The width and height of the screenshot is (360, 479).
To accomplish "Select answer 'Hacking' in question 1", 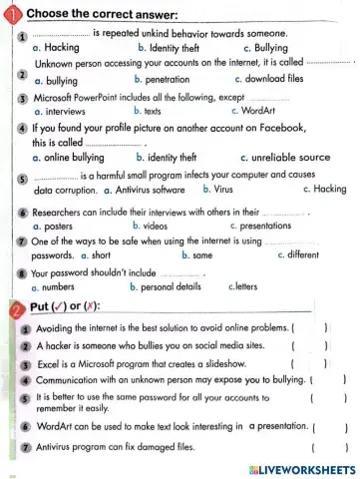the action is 63,46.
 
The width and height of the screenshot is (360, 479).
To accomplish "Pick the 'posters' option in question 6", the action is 63,227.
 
